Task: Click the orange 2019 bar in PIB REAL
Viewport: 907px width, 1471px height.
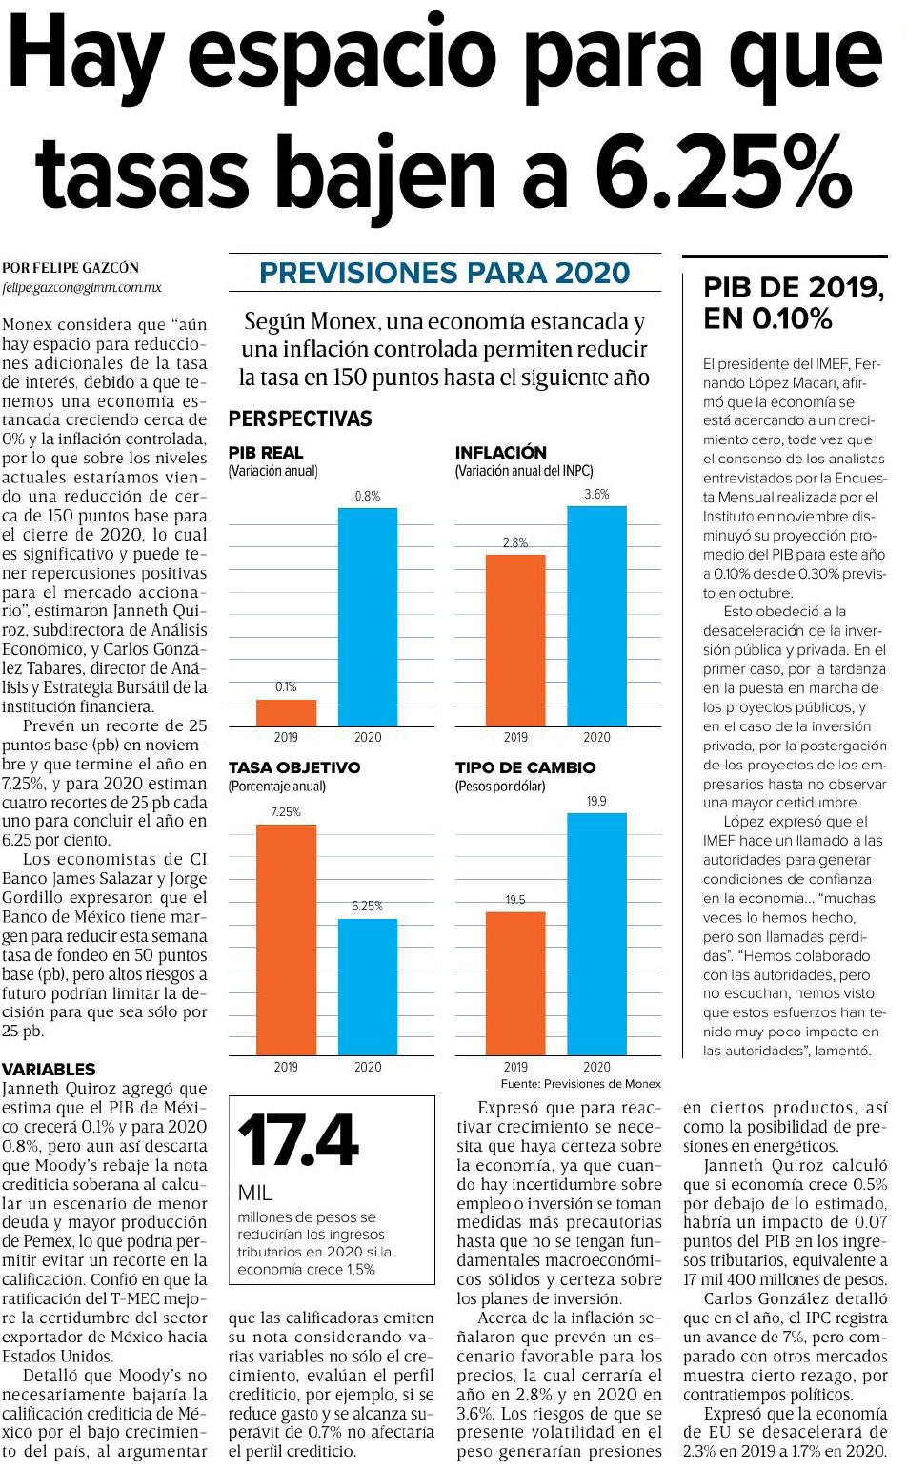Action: (x=286, y=712)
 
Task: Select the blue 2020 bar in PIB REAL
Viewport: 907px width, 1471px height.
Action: (x=368, y=617)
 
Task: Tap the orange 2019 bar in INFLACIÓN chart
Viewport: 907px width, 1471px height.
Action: (x=515, y=641)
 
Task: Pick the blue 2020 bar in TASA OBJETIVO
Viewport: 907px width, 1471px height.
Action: (x=368, y=987)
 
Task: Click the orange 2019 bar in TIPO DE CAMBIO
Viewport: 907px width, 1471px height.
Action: (x=515, y=984)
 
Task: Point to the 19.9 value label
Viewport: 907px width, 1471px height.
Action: (x=596, y=801)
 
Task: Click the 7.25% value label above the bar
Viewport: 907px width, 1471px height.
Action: (x=286, y=812)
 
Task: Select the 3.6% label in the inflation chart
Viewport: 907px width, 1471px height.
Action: (x=596, y=495)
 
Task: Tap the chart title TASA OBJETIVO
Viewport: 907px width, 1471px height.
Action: (x=294, y=767)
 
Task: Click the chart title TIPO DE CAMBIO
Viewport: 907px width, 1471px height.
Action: (x=526, y=767)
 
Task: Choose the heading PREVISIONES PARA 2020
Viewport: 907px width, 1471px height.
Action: (x=445, y=273)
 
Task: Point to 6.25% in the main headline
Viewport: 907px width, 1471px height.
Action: (x=723, y=171)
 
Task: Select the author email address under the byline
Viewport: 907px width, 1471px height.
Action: (x=81, y=288)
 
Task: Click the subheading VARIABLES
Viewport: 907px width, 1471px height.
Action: (x=49, y=1069)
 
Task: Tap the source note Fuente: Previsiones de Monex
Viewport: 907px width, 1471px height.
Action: (x=580, y=1084)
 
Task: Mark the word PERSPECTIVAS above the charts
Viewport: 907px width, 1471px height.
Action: (x=300, y=419)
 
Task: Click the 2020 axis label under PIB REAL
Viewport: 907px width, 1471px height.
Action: (x=368, y=737)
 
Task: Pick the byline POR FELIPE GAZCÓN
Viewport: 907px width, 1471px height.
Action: (x=71, y=268)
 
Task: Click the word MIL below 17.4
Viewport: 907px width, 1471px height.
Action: (x=255, y=1193)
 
